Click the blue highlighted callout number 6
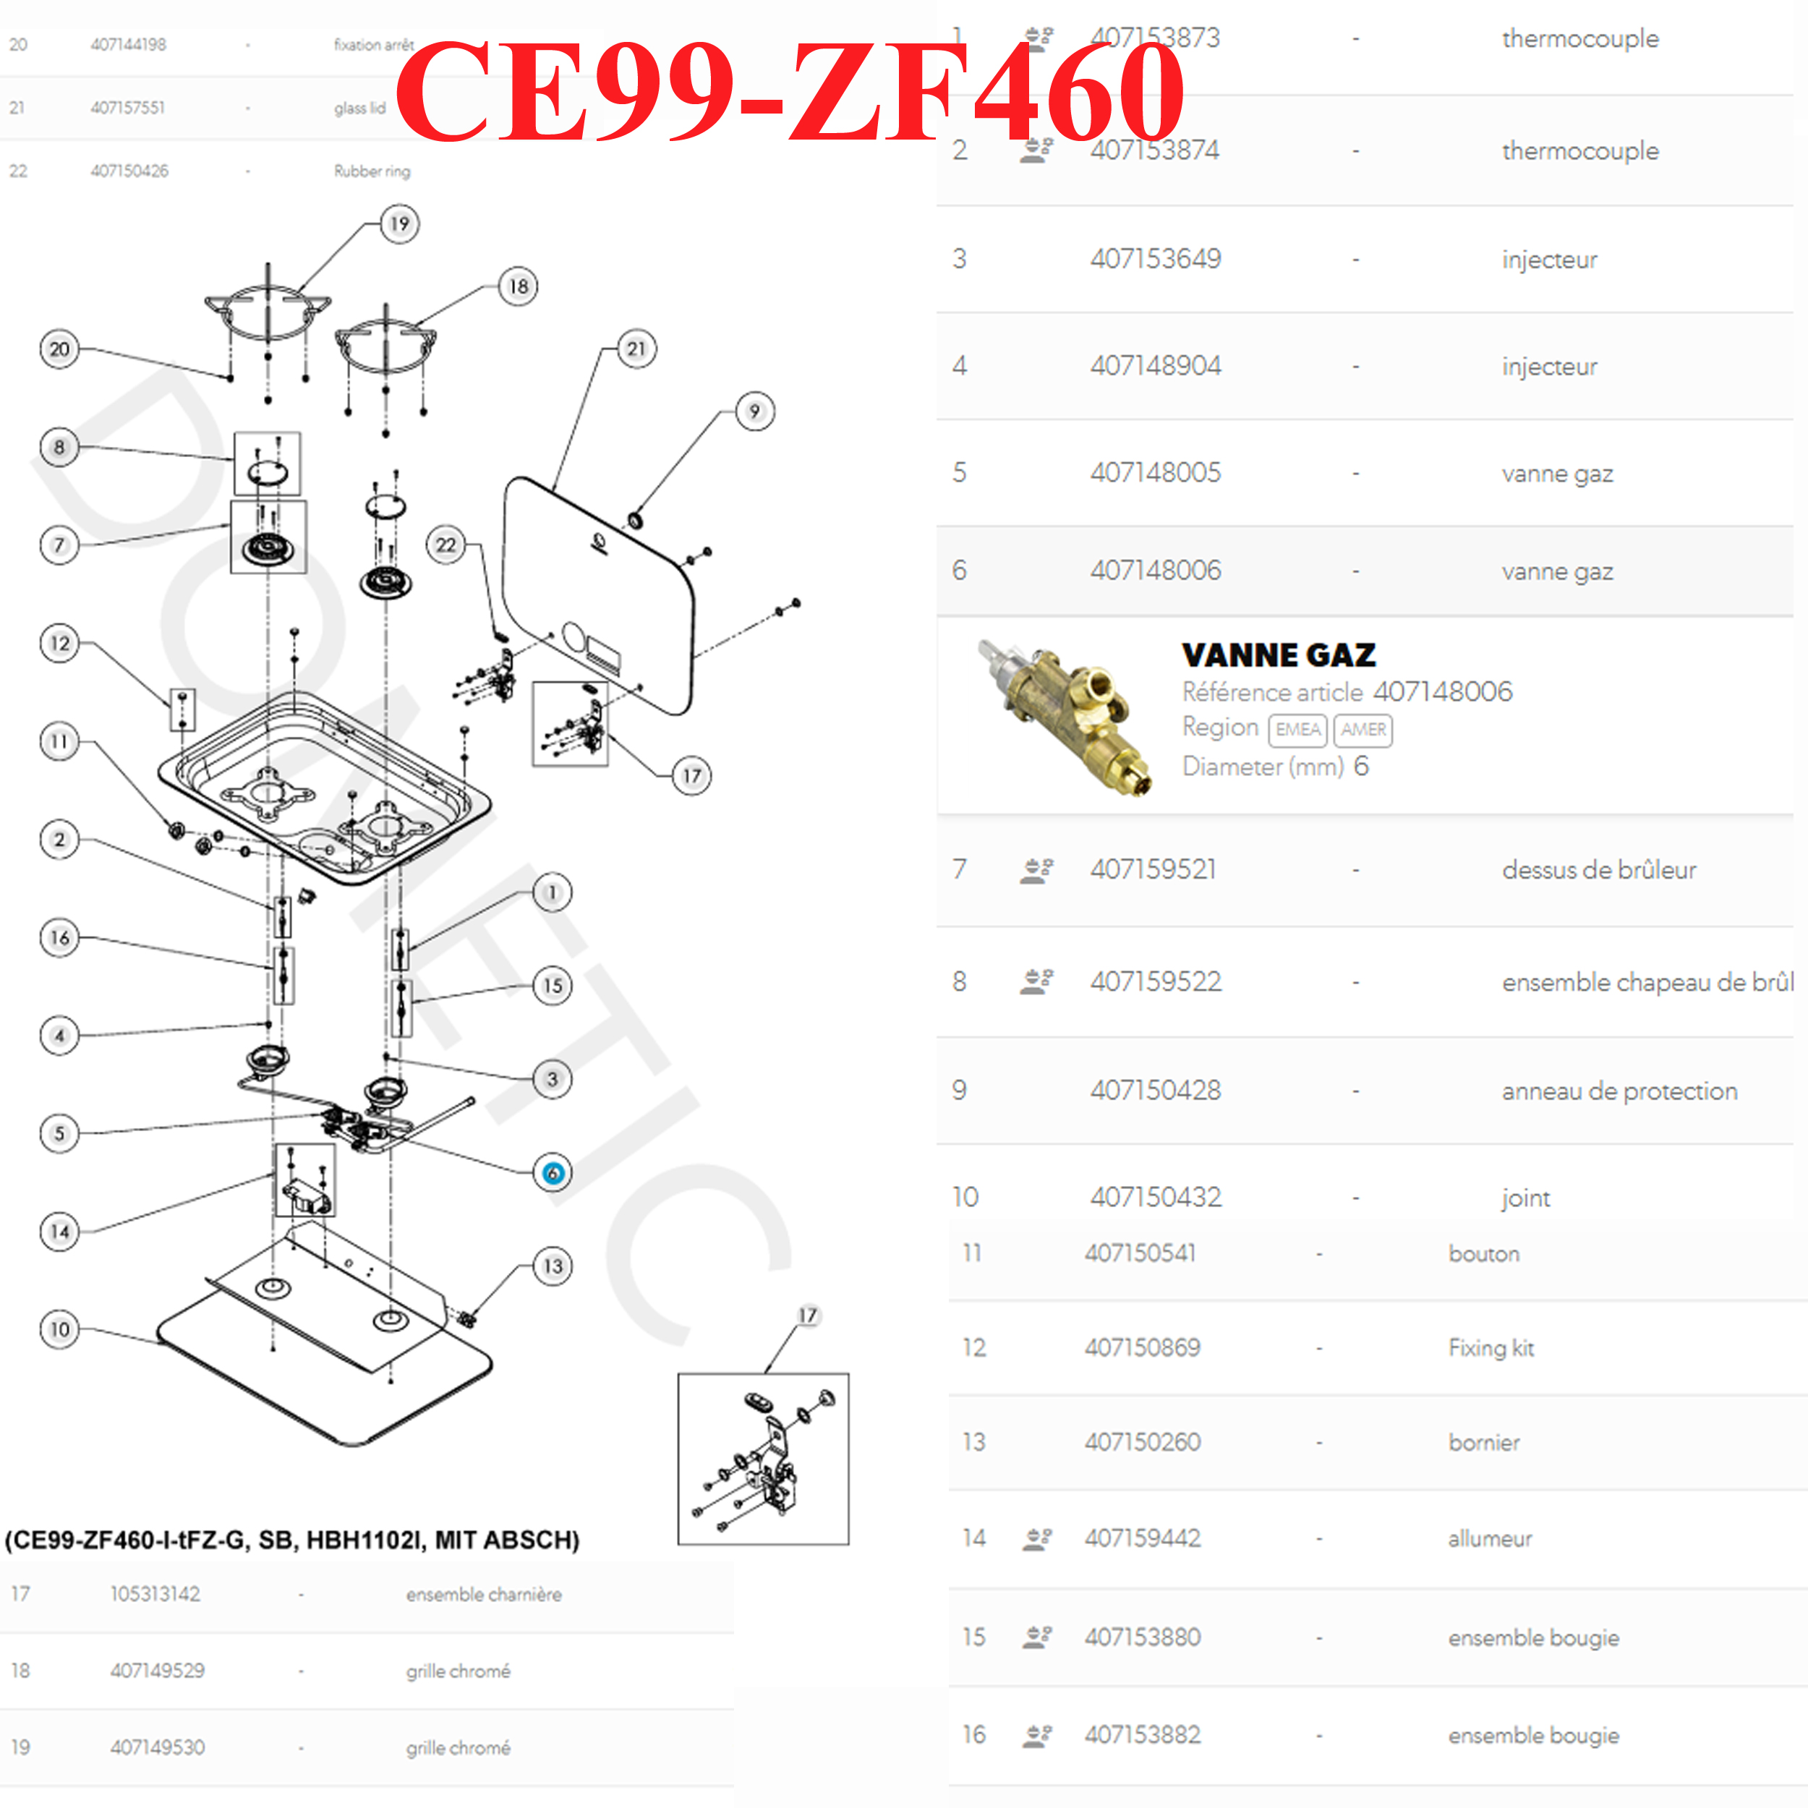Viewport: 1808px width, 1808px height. point(552,1172)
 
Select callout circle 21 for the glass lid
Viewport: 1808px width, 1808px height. point(636,349)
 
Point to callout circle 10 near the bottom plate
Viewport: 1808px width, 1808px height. point(59,1329)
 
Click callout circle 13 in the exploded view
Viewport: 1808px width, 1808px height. point(552,1266)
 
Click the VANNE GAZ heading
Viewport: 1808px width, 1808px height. point(1279,654)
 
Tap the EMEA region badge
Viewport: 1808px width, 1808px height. point(1297,730)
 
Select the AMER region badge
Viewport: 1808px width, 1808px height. point(1363,730)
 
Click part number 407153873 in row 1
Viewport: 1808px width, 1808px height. point(1155,38)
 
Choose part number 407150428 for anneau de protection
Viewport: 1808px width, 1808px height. point(1155,1091)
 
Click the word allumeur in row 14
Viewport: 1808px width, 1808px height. point(1490,1538)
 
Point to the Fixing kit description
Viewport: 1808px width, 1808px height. point(1491,1347)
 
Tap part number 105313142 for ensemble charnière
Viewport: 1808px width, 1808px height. point(155,1594)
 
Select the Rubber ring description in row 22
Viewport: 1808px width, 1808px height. point(372,171)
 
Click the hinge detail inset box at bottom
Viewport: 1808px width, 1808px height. point(763,1458)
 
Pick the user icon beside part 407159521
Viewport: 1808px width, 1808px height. point(1036,870)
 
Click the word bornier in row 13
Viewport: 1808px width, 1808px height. point(1483,1442)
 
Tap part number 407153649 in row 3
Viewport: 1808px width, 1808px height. point(1155,259)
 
